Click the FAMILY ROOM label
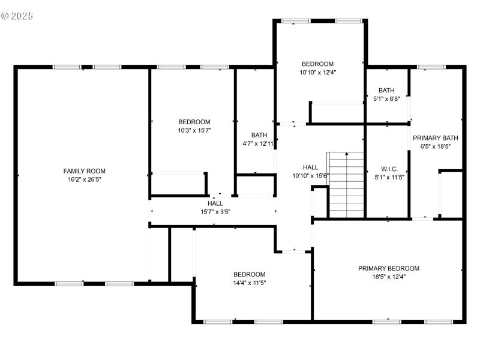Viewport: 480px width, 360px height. pos(84,171)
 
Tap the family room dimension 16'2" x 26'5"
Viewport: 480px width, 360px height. pos(84,179)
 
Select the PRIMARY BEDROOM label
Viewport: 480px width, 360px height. pos(388,268)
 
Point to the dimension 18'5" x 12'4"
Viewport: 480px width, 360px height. pos(388,277)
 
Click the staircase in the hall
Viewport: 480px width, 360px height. pos(346,185)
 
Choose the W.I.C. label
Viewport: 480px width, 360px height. pos(389,169)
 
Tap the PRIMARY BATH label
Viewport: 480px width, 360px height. pos(436,137)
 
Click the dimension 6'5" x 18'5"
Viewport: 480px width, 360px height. pos(436,146)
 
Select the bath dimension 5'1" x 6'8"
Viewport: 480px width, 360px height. pos(386,99)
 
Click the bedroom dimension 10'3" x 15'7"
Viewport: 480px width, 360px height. pos(194,130)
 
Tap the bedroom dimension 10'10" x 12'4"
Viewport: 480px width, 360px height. pos(317,73)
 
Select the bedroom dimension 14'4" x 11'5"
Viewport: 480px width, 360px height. pos(249,283)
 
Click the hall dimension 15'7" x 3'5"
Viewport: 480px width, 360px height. pos(215,212)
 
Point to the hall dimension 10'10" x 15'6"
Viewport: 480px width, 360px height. pos(310,176)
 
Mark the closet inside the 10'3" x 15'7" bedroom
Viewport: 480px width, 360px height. pos(178,184)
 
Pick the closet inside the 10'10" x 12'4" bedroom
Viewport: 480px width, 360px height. pos(337,112)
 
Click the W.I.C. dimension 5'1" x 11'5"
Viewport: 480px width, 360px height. pos(389,177)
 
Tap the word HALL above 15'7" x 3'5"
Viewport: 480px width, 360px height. pos(215,203)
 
